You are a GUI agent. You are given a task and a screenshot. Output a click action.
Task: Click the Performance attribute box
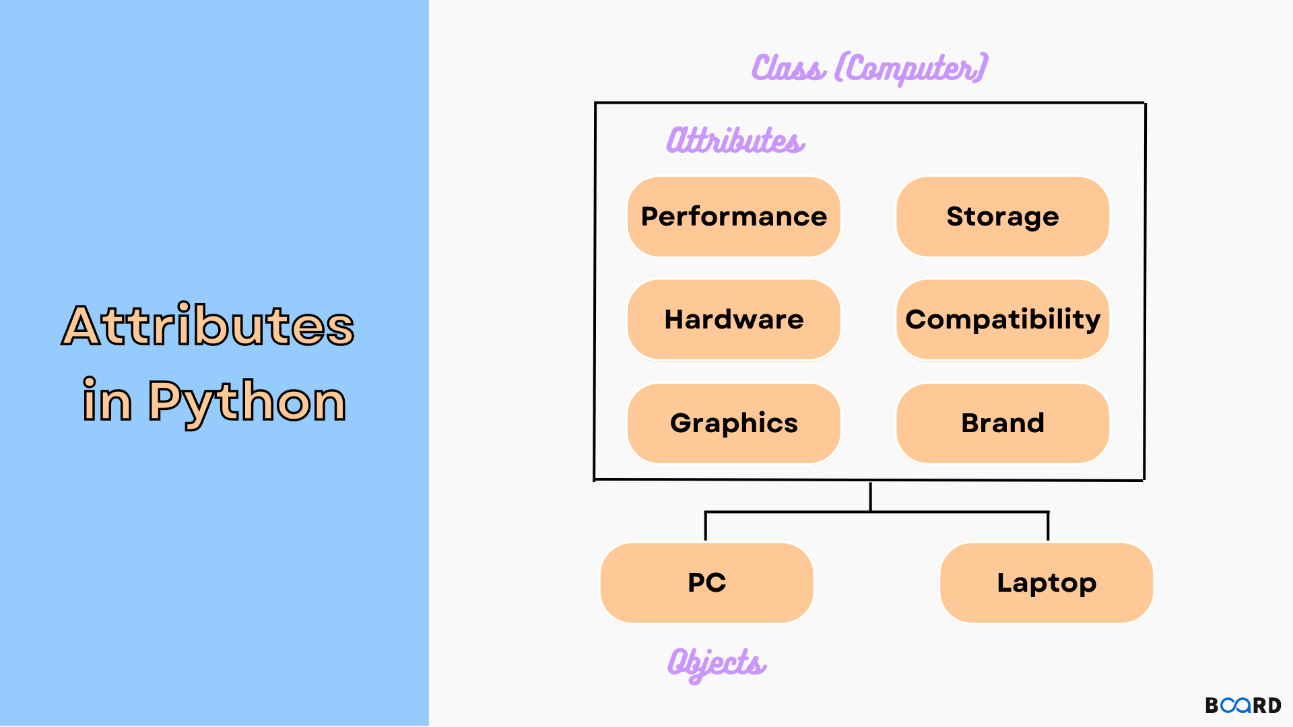tap(733, 217)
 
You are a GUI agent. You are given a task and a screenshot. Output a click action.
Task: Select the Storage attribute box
tap(1002, 217)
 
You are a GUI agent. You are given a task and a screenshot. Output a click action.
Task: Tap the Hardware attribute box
tap(733, 320)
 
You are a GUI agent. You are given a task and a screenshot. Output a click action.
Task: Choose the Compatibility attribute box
tap(1002, 320)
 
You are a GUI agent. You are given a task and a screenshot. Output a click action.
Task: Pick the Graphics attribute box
tap(733, 423)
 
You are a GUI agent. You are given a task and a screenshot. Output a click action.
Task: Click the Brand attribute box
tap(1002, 423)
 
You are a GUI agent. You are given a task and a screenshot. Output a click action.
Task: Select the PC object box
tap(706, 583)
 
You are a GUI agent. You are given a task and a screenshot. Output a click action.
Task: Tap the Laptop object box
tap(1046, 583)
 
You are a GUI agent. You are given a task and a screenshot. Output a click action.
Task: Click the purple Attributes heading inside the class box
tap(735, 140)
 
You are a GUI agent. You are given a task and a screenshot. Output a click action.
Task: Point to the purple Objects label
tap(717, 663)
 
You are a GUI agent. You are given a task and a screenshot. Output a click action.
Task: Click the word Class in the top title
tap(788, 68)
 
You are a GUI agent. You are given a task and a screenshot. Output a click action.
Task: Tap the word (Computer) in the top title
tap(911, 68)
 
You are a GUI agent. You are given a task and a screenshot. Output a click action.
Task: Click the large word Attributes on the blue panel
tap(208, 325)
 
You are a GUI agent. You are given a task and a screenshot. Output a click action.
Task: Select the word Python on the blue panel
tap(246, 402)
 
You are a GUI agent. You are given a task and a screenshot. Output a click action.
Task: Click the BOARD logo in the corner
tap(1242, 705)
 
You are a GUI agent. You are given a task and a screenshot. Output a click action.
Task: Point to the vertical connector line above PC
tap(705, 526)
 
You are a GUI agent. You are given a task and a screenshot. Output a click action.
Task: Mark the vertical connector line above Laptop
tap(1048, 526)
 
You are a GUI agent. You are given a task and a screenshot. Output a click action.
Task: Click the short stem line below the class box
tap(871, 497)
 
